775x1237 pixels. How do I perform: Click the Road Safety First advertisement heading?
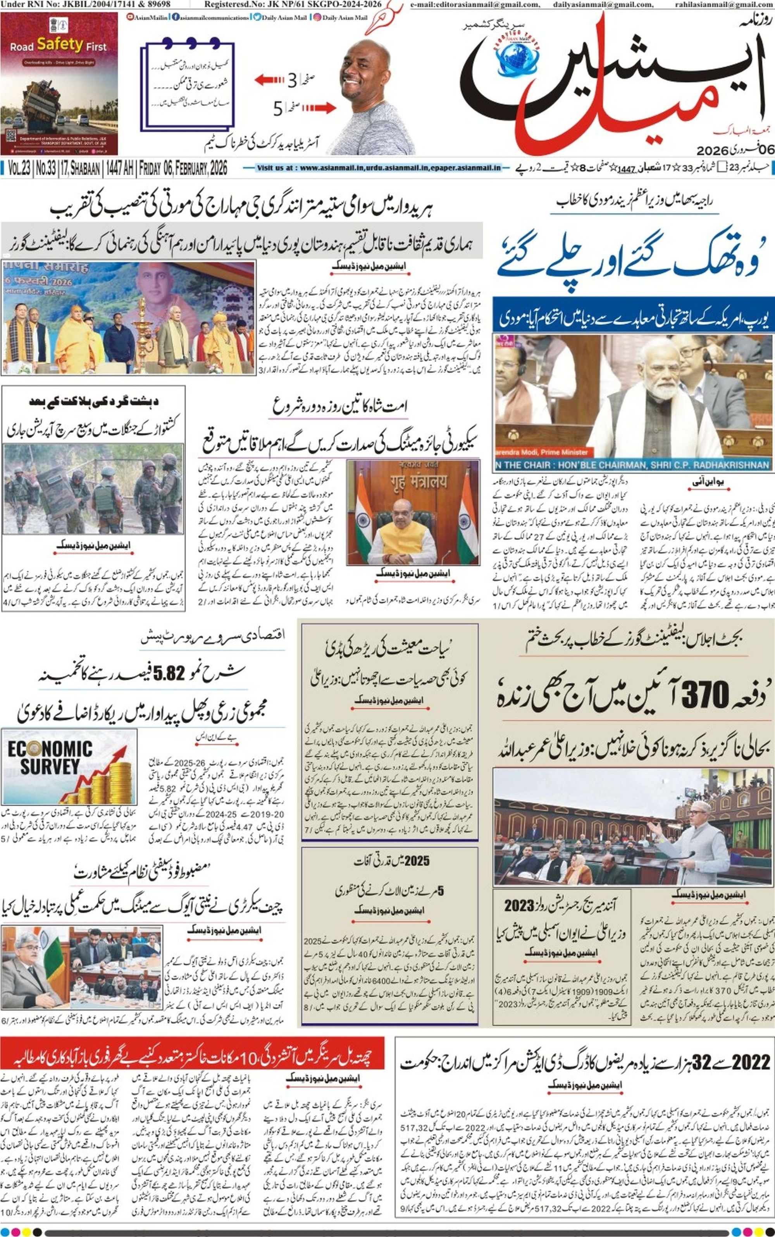[59, 46]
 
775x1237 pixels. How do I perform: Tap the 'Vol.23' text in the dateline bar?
[19, 169]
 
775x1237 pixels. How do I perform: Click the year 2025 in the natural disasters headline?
[416, 861]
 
